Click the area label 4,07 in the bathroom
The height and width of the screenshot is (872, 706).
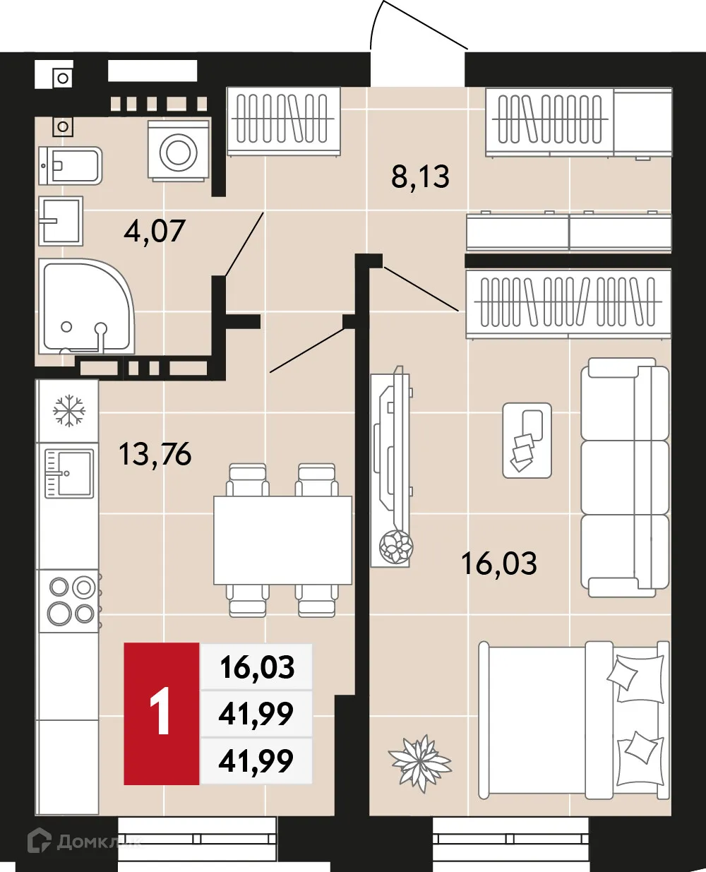[x=154, y=231]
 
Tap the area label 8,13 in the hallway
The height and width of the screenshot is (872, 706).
[x=420, y=177]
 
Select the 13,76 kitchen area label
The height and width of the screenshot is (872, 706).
[x=155, y=454]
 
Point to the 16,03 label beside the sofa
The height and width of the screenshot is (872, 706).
[x=498, y=563]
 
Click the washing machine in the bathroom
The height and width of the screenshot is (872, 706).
[x=178, y=150]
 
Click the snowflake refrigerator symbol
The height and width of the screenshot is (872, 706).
[x=69, y=410]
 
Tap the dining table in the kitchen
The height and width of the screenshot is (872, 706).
[x=282, y=539]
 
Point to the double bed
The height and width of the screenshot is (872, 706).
[x=573, y=720]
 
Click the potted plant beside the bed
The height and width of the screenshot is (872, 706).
[x=419, y=763]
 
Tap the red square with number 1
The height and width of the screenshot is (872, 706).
[x=162, y=713]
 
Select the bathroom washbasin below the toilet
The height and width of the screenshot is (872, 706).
[x=61, y=220]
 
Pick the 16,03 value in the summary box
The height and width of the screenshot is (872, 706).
[x=257, y=667]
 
